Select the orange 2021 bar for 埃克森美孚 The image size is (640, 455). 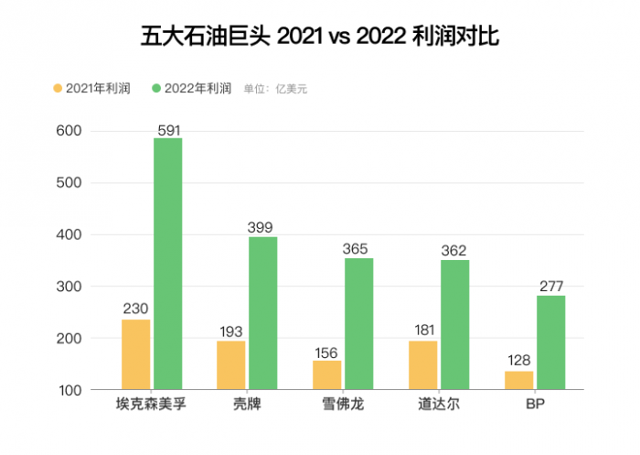pyautogui.click(x=135, y=354)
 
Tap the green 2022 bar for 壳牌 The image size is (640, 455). pyautogui.click(x=263, y=313)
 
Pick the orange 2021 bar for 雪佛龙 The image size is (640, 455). pyautogui.click(x=327, y=374)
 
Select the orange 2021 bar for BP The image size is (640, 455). pyautogui.click(x=519, y=380)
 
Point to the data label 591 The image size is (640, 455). pyautogui.click(x=168, y=130)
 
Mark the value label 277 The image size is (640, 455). pyautogui.click(x=550, y=286)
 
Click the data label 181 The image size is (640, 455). pyautogui.click(x=422, y=330)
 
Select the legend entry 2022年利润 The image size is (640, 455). pyautogui.click(x=191, y=89)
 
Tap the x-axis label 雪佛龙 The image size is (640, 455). pyautogui.click(x=343, y=404)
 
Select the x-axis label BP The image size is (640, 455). pyautogui.click(x=535, y=404)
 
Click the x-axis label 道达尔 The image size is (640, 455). pyautogui.click(x=439, y=404)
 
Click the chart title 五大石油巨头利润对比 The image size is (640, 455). pyautogui.click(x=319, y=37)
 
